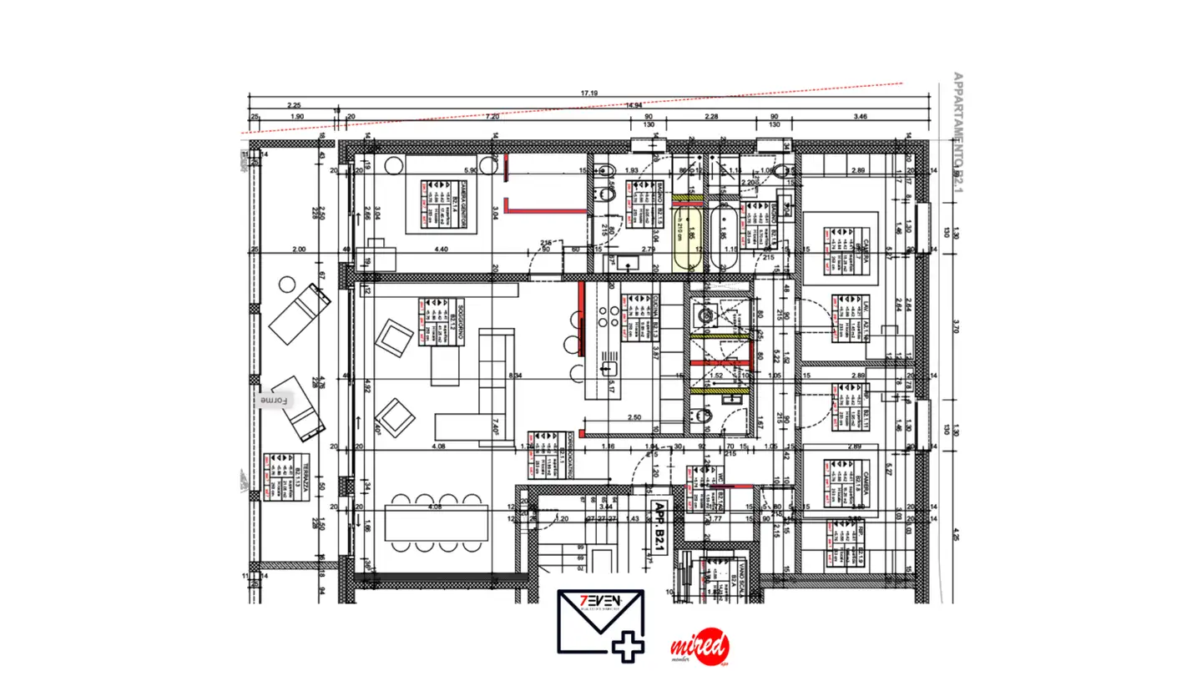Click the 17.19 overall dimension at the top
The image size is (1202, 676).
[589, 93]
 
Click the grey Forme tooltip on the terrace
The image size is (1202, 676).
[274, 401]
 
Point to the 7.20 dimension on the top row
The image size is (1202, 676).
[492, 117]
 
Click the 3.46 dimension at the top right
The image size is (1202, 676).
[862, 117]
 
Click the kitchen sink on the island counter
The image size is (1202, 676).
[607, 368]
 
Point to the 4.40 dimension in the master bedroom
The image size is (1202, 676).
[442, 250]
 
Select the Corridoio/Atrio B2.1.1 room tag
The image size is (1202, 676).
[547, 456]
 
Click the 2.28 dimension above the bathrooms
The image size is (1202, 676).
[711, 117]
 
